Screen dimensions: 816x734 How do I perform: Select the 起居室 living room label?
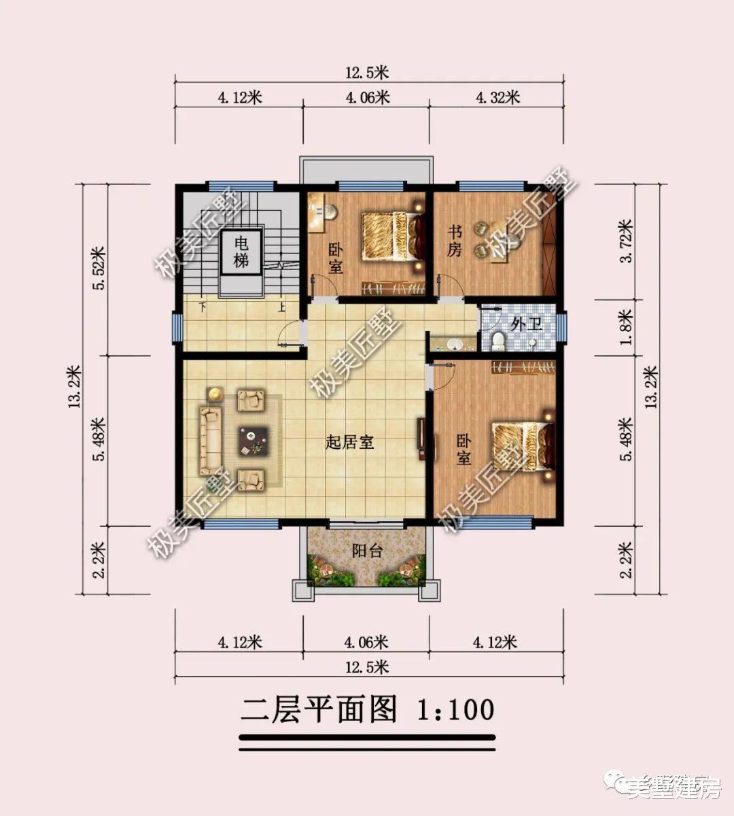coord(350,443)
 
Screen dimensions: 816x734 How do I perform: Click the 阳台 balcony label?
coord(368,551)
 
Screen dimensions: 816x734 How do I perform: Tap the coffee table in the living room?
coord(253,441)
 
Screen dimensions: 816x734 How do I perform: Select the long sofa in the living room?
coord(209,441)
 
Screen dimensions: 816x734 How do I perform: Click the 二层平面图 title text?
coord(319,710)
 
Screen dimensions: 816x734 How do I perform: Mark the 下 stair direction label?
coord(202,307)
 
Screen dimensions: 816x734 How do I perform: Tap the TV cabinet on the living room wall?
coord(421,439)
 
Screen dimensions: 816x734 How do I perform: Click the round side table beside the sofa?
coord(215,393)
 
